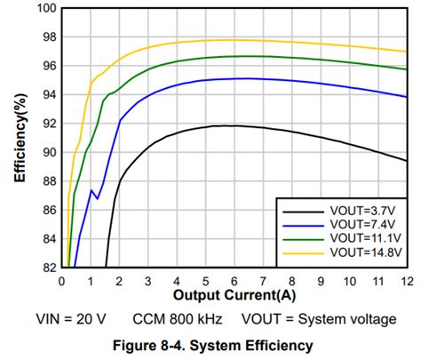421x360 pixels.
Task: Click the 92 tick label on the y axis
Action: coord(47,124)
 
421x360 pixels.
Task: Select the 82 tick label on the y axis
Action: coord(47,267)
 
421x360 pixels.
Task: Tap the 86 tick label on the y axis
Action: coord(47,210)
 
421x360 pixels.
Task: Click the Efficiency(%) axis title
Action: coord(19,138)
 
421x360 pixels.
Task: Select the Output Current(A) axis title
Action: coord(234,294)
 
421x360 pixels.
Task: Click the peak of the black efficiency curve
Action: coord(231,125)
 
